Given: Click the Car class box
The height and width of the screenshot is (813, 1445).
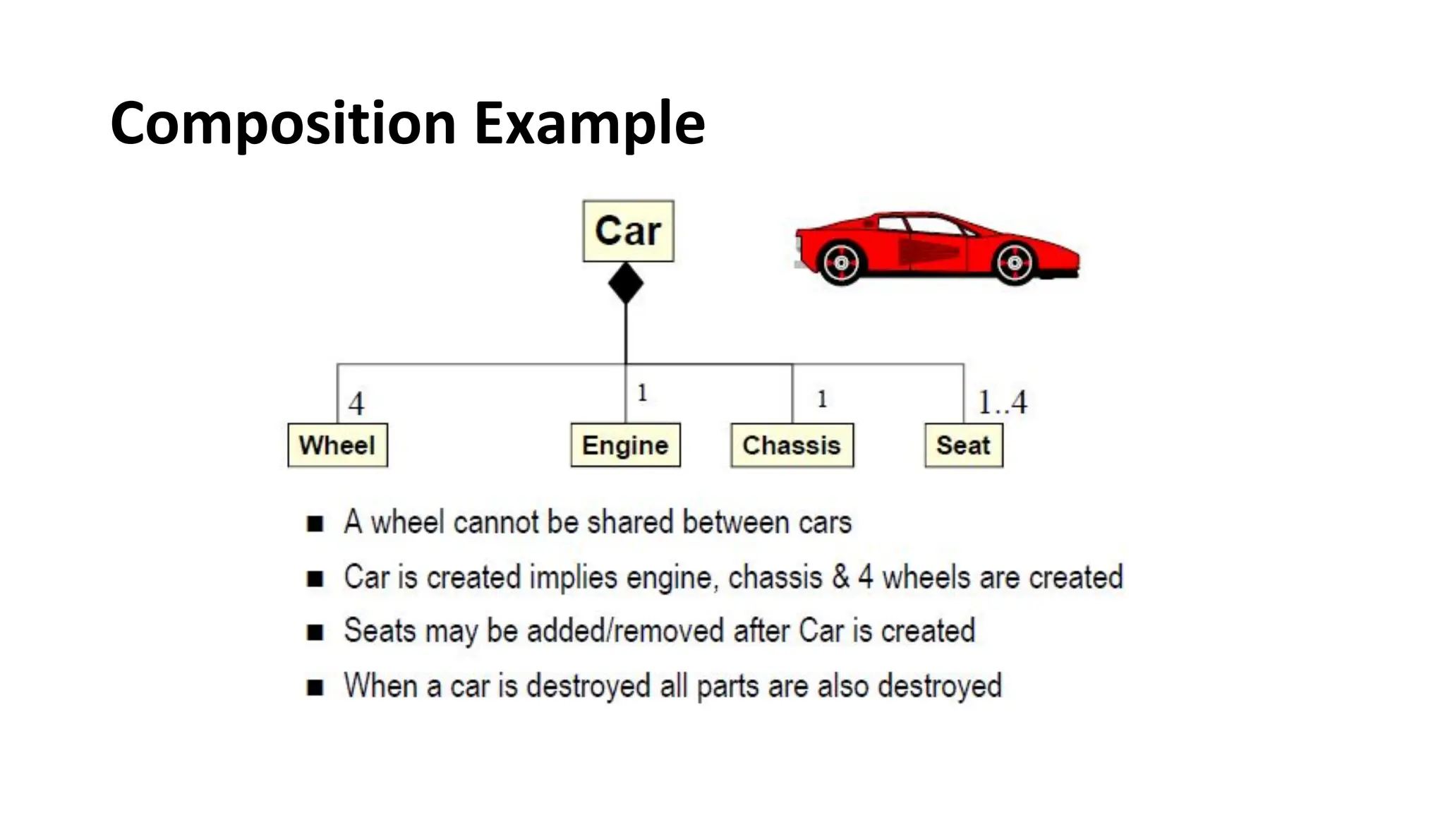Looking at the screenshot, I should [x=628, y=231].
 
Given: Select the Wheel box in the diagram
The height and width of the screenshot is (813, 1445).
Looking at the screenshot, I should [x=337, y=445].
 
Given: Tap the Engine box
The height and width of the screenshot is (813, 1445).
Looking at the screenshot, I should [x=625, y=445].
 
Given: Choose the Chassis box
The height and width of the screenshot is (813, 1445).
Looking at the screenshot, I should [x=792, y=445].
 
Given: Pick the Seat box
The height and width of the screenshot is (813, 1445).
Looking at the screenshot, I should [x=963, y=445].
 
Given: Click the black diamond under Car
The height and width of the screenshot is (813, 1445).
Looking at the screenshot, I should [x=626, y=283].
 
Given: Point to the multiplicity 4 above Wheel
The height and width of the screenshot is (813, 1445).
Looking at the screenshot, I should [x=356, y=404].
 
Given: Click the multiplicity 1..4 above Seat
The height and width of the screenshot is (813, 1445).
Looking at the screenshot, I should [x=1002, y=402].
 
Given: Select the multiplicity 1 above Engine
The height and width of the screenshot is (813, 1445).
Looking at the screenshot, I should [x=642, y=392].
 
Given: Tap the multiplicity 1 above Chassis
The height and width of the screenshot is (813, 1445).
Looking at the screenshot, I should [x=822, y=399].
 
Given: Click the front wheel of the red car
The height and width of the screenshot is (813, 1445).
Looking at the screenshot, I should [x=1015, y=263].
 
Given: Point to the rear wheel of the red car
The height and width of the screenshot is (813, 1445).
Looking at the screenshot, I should [x=841, y=263].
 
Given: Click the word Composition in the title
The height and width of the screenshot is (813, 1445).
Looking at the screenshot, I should [x=283, y=124].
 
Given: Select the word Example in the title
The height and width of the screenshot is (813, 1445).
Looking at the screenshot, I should [x=589, y=124].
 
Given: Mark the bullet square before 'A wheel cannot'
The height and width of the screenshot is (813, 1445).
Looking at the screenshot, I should [x=315, y=524].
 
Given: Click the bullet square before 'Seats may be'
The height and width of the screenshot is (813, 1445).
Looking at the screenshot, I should [x=315, y=632].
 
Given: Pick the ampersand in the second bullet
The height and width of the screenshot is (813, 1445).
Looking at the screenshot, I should [x=840, y=577].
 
